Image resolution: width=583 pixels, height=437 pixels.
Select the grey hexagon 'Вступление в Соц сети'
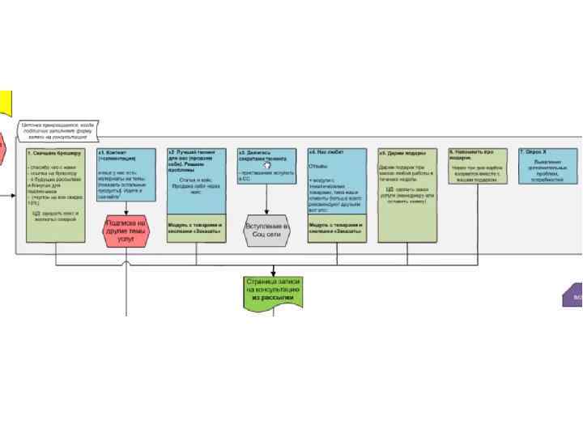click(x=266, y=230)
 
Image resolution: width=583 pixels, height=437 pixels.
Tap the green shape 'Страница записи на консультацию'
click(x=273, y=293)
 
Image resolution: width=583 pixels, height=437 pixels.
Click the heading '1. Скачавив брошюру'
click(x=54, y=153)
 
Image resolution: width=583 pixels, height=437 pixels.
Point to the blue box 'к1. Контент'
click(x=127, y=174)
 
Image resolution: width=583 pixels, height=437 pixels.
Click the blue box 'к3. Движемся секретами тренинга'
click(x=266, y=166)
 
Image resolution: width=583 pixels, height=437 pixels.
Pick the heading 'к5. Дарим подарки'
click(x=402, y=153)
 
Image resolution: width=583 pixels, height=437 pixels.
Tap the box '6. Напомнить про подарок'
click(x=478, y=166)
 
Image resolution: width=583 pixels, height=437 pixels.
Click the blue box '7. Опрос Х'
click(x=548, y=166)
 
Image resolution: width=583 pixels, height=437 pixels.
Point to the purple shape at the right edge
click(x=572, y=295)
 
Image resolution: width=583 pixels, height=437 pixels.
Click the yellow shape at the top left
click(x=5, y=104)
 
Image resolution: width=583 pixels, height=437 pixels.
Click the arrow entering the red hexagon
click(x=127, y=209)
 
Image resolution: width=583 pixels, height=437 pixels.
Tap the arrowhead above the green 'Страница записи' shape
click(x=274, y=273)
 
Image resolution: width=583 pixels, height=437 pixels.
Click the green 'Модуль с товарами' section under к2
click(x=196, y=229)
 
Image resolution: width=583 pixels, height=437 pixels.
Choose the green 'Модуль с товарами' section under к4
click(x=336, y=229)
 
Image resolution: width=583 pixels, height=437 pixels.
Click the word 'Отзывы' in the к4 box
click(x=317, y=167)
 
